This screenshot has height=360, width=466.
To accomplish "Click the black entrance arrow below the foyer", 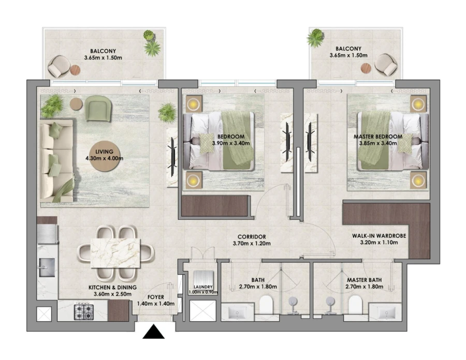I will (154, 332).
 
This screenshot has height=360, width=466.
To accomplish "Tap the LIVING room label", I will (105, 151).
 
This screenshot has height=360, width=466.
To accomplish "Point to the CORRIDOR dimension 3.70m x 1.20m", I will (252, 244).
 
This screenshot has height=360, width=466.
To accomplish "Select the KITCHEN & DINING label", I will (112, 288).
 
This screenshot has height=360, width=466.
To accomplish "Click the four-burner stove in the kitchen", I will (83, 311).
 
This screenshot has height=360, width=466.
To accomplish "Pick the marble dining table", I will (115, 252).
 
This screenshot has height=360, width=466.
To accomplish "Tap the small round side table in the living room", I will (76, 103).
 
